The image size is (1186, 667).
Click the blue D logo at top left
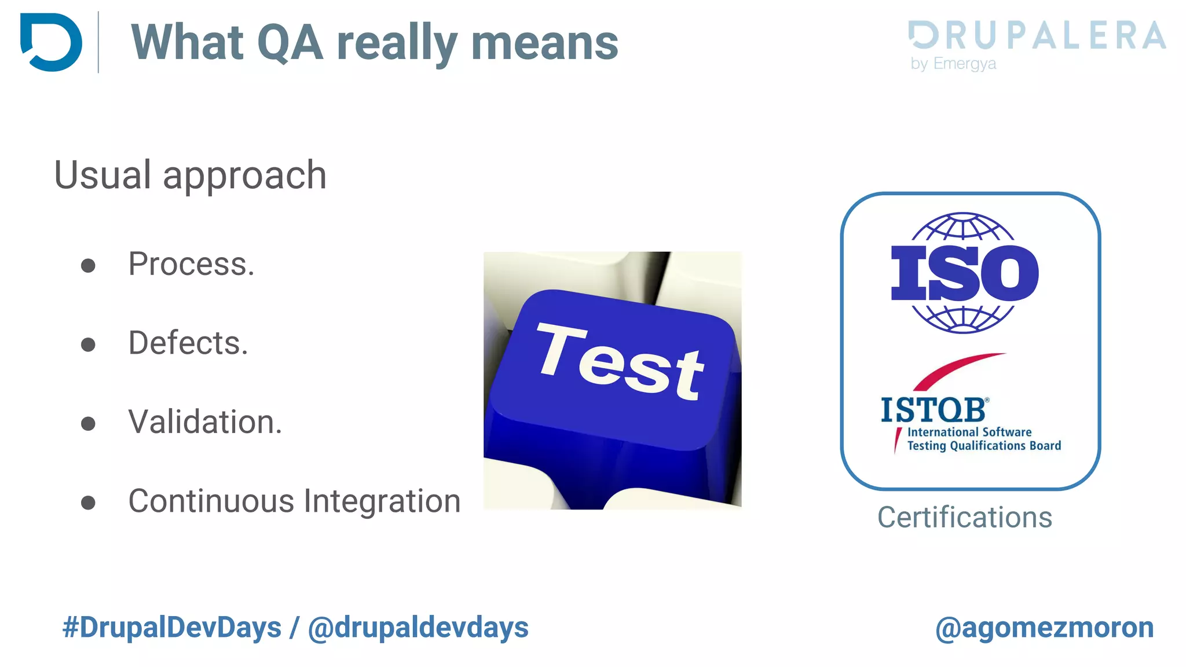51,42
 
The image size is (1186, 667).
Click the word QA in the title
290,42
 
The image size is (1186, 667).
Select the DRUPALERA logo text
1037,35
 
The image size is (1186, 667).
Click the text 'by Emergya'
953,63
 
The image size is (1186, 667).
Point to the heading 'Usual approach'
190,175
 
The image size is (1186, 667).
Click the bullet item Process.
191,264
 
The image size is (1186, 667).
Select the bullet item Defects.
188,343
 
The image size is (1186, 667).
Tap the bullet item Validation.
205,422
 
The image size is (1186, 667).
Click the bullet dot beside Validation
88,424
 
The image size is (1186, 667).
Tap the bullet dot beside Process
88,266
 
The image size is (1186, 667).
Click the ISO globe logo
964,272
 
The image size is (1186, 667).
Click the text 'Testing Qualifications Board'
983,446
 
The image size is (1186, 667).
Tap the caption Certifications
964,517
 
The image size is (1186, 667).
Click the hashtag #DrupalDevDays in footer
171,628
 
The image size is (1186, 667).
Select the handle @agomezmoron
1044,628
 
